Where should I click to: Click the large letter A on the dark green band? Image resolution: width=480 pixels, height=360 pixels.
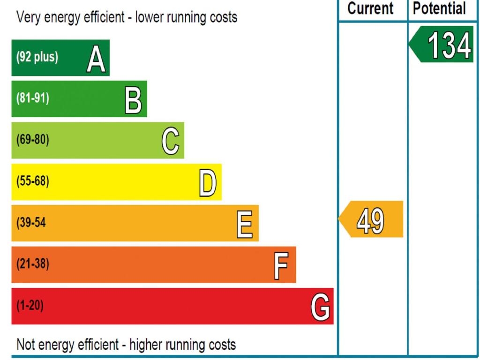click(x=96, y=59)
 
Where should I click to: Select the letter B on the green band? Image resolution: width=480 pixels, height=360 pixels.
click(x=134, y=100)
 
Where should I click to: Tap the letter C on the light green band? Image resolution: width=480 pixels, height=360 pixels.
click(x=171, y=141)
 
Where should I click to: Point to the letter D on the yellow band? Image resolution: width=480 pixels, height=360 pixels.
click(x=208, y=183)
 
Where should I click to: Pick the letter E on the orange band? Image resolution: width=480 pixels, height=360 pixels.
click(x=245, y=224)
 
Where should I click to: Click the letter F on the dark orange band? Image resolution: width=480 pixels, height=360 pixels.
click(x=281, y=266)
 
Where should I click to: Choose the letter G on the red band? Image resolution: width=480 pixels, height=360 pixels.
click(x=320, y=307)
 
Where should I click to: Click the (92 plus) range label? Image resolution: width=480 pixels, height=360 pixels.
click(x=37, y=57)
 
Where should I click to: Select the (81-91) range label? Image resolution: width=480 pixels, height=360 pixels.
click(x=32, y=98)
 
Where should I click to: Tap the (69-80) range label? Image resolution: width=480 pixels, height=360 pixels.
click(x=32, y=140)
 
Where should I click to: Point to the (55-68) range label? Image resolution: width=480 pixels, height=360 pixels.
click(x=32, y=181)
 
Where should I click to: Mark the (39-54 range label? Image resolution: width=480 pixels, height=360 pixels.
click(x=31, y=223)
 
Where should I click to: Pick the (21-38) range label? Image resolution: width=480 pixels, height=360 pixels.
click(x=32, y=263)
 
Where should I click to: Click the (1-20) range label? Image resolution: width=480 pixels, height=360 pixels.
click(x=30, y=305)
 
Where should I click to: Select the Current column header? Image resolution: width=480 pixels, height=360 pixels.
click(x=370, y=8)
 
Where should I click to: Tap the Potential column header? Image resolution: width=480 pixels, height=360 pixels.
click(x=439, y=9)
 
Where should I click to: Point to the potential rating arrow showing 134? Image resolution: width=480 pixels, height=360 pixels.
click(x=441, y=45)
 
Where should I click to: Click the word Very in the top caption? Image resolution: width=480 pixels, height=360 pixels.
click(x=29, y=17)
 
